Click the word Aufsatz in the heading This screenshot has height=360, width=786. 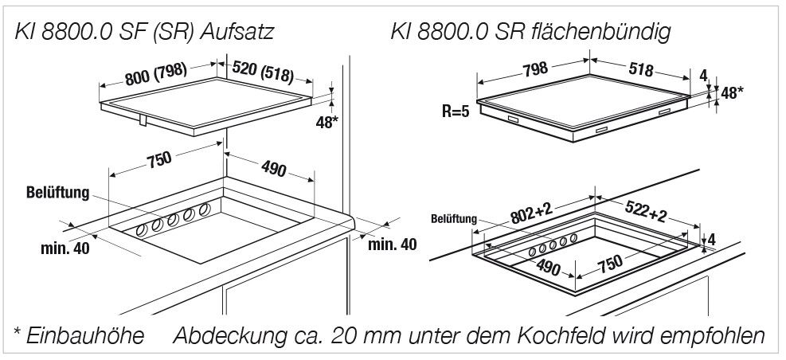(x=238, y=33)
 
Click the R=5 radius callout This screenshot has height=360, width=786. (x=457, y=111)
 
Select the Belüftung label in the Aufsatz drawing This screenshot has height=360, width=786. (x=57, y=192)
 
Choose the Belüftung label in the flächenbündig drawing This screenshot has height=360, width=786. (x=454, y=218)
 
